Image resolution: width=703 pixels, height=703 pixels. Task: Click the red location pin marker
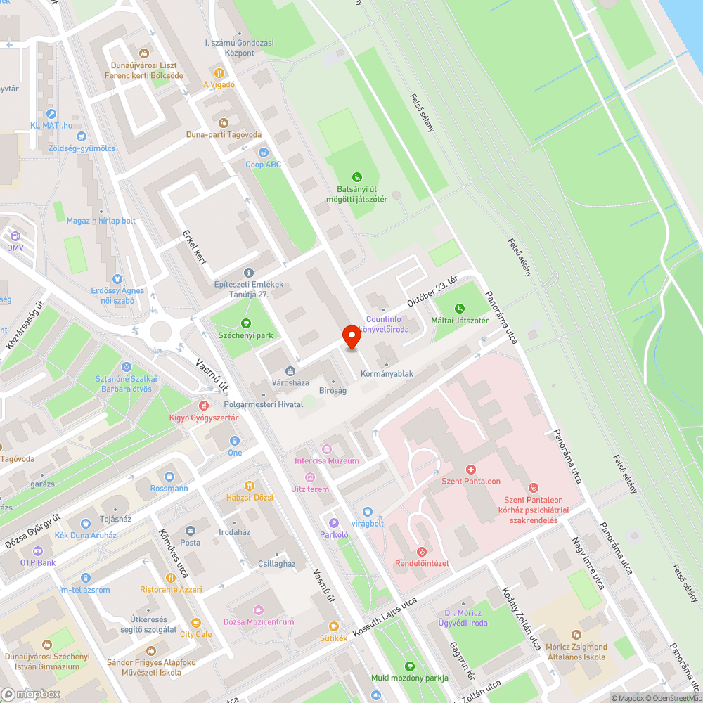[351, 337]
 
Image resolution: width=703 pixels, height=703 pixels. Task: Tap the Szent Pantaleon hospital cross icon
[471, 469]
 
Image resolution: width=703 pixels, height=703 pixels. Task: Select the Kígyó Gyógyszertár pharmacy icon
[203, 406]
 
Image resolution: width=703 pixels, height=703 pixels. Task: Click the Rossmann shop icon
[169, 476]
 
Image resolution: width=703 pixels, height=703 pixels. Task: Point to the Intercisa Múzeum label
[326, 460]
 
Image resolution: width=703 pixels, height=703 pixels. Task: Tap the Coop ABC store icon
[264, 152]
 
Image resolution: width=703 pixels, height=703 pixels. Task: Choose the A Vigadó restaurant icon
[219, 72]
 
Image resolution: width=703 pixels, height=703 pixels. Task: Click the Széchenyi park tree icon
[245, 323]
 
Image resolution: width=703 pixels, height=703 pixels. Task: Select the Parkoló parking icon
[334, 522]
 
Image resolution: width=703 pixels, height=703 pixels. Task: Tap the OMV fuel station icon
[15, 236]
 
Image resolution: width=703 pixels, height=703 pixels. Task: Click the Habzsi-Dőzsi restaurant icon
[249, 485]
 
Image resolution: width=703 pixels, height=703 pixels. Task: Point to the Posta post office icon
[190, 530]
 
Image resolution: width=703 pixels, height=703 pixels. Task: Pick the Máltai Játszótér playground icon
[460, 308]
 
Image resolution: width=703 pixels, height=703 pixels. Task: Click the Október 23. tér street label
[432, 291]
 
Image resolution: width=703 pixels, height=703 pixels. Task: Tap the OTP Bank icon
[30, 550]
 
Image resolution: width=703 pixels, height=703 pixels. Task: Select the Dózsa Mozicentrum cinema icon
[258, 610]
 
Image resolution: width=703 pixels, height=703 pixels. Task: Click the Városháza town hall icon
[290, 371]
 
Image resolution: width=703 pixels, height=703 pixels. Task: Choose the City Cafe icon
[195, 622]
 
